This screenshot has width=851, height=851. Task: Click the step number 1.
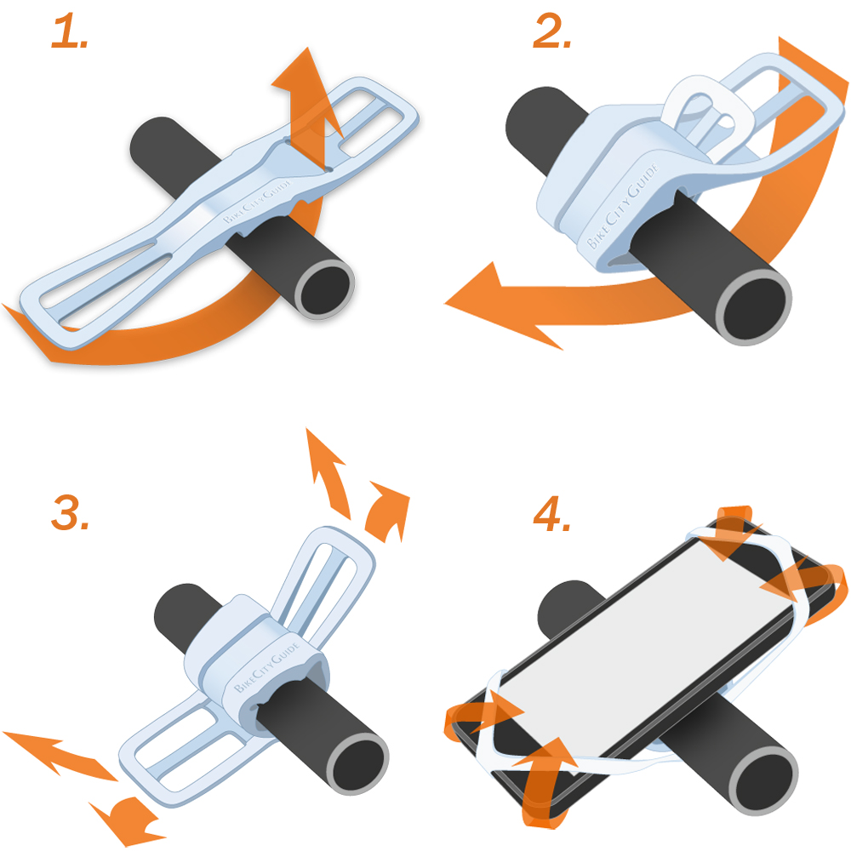70,32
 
